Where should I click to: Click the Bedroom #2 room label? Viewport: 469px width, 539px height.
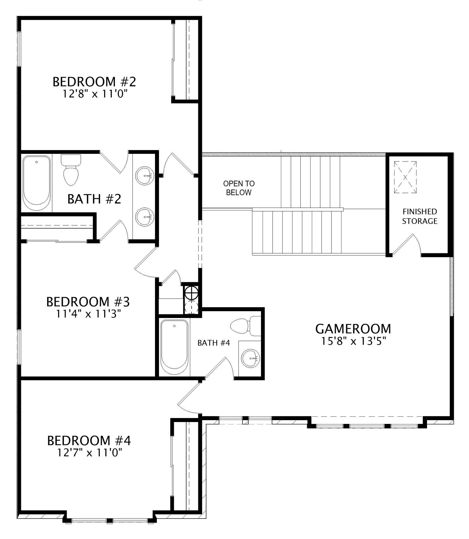pyautogui.click(x=94, y=82)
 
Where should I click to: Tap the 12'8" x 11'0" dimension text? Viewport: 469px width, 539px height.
pyautogui.click(x=95, y=94)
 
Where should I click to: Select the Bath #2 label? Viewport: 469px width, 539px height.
pyautogui.click(x=94, y=199)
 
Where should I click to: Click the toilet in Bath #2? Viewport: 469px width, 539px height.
pyautogui.click(x=71, y=170)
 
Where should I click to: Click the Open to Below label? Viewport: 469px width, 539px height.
pyautogui.click(x=239, y=188)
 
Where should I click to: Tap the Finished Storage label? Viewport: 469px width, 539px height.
pyautogui.click(x=419, y=216)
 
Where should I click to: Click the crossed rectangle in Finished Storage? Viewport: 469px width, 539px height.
pyautogui.click(x=405, y=177)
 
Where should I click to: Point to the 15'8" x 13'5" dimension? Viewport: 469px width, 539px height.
pyautogui.click(x=354, y=341)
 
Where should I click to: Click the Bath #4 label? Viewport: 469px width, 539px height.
pyautogui.click(x=214, y=343)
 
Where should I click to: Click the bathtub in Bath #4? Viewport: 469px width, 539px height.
pyautogui.click(x=174, y=348)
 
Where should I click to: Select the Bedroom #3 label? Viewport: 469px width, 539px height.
pyautogui.click(x=88, y=302)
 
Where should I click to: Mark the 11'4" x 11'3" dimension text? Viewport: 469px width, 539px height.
pyautogui.click(x=88, y=314)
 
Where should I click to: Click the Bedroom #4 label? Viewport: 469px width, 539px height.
pyautogui.click(x=89, y=441)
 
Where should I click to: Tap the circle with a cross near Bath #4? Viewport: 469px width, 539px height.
pyautogui.click(x=192, y=292)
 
